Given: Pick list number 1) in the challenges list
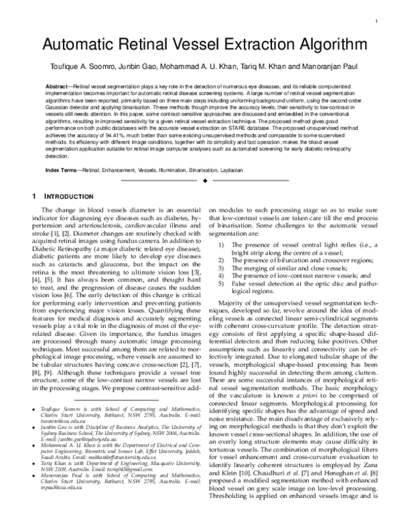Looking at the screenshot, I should [x=220, y=245].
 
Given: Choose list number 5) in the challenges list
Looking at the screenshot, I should [x=220, y=283].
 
